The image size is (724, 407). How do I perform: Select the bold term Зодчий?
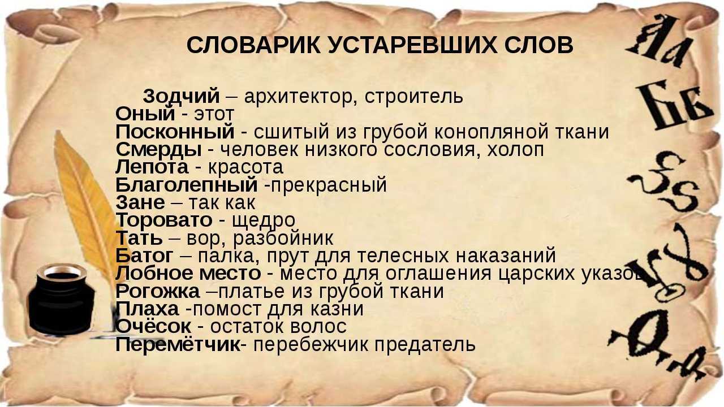[x=181, y=96]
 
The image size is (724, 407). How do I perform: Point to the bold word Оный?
[x=145, y=114]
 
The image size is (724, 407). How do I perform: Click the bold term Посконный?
[x=175, y=132]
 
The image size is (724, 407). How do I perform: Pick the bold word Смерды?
[x=158, y=149]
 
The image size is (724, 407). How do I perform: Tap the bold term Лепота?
[x=152, y=167]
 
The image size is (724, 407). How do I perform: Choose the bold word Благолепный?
[x=187, y=185]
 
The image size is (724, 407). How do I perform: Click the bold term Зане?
[x=140, y=202]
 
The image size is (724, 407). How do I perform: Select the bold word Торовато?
[x=164, y=220]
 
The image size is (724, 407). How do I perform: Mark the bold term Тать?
[x=139, y=238]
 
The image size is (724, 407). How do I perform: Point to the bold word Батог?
[x=144, y=256]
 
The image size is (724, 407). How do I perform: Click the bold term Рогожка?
[x=157, y=291]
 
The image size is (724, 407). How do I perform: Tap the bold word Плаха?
[x=147, y=309]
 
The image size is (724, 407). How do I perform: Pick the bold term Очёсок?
[x=153, y=326]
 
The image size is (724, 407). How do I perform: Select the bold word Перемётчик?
[x=178, y=344]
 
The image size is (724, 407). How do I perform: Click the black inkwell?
[x=61, y=300]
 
